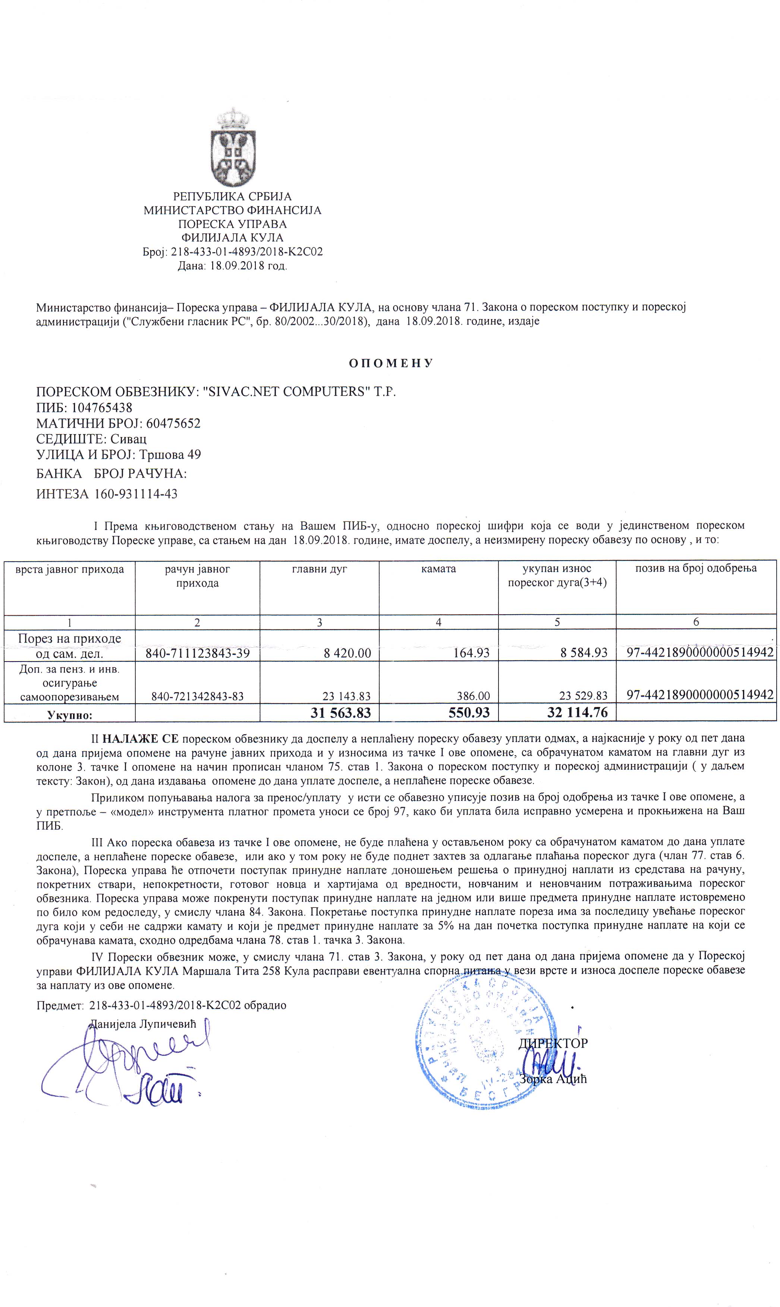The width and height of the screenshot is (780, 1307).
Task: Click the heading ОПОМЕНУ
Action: [390, 363]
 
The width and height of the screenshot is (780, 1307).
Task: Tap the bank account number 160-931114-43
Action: [136, 494]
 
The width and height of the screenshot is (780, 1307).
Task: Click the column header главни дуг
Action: [320, 569]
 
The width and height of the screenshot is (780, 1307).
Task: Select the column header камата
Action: [438, 569]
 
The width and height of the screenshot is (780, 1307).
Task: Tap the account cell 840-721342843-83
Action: [197, 696]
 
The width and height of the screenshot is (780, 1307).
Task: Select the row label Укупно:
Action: [69, 715]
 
